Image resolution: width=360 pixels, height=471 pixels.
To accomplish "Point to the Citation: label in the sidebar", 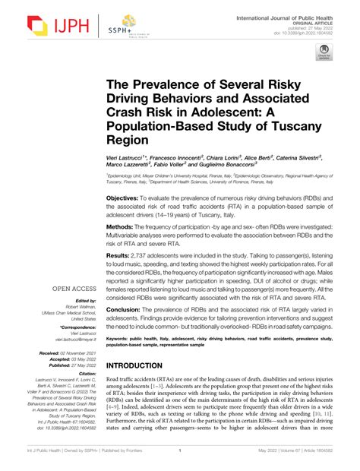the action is [x=84, y=374].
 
